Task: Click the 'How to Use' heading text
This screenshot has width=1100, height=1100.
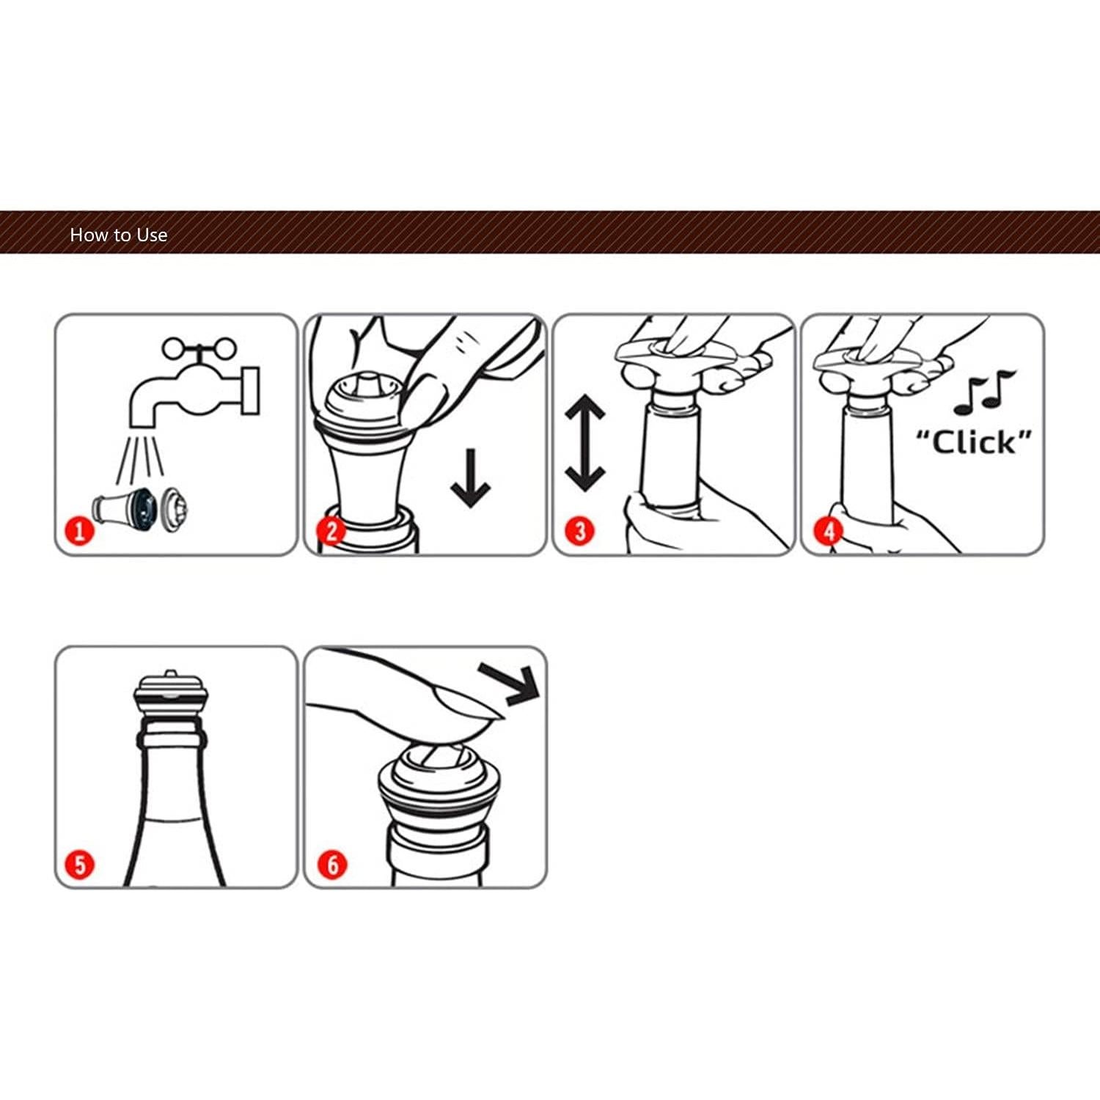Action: pyautogui.click(x=118, y=235)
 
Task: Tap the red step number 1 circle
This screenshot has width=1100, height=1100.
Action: pyautogui.click(x=80, y=529)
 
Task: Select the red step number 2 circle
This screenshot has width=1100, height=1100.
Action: pyautogui.click(x=331, y=529)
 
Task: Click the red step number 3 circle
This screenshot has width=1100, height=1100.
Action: pyautogui.click(x=579, y=529)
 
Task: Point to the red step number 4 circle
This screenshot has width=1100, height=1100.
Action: pyautogui.click(x=829, y=529)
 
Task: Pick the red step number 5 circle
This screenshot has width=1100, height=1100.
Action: pyautogui.click(x=80, y=864)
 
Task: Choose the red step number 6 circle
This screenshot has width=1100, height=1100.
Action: pyautogui.click(x=332, y=864)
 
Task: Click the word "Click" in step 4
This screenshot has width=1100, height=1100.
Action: pyautogui.click(x=974, y=442)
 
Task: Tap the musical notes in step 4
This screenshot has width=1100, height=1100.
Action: pyautogui.click(x=984, y=392)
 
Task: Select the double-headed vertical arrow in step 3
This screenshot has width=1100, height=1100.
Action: pyautogui.click(x=584, y=443)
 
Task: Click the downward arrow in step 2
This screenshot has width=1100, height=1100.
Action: pyautogui.click(x=470, y=477)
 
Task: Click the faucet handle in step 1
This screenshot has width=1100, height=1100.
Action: pyautogui.click(x=199, y=348)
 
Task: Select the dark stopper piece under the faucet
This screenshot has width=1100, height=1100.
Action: pyautogui.click(x=139, y=507)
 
